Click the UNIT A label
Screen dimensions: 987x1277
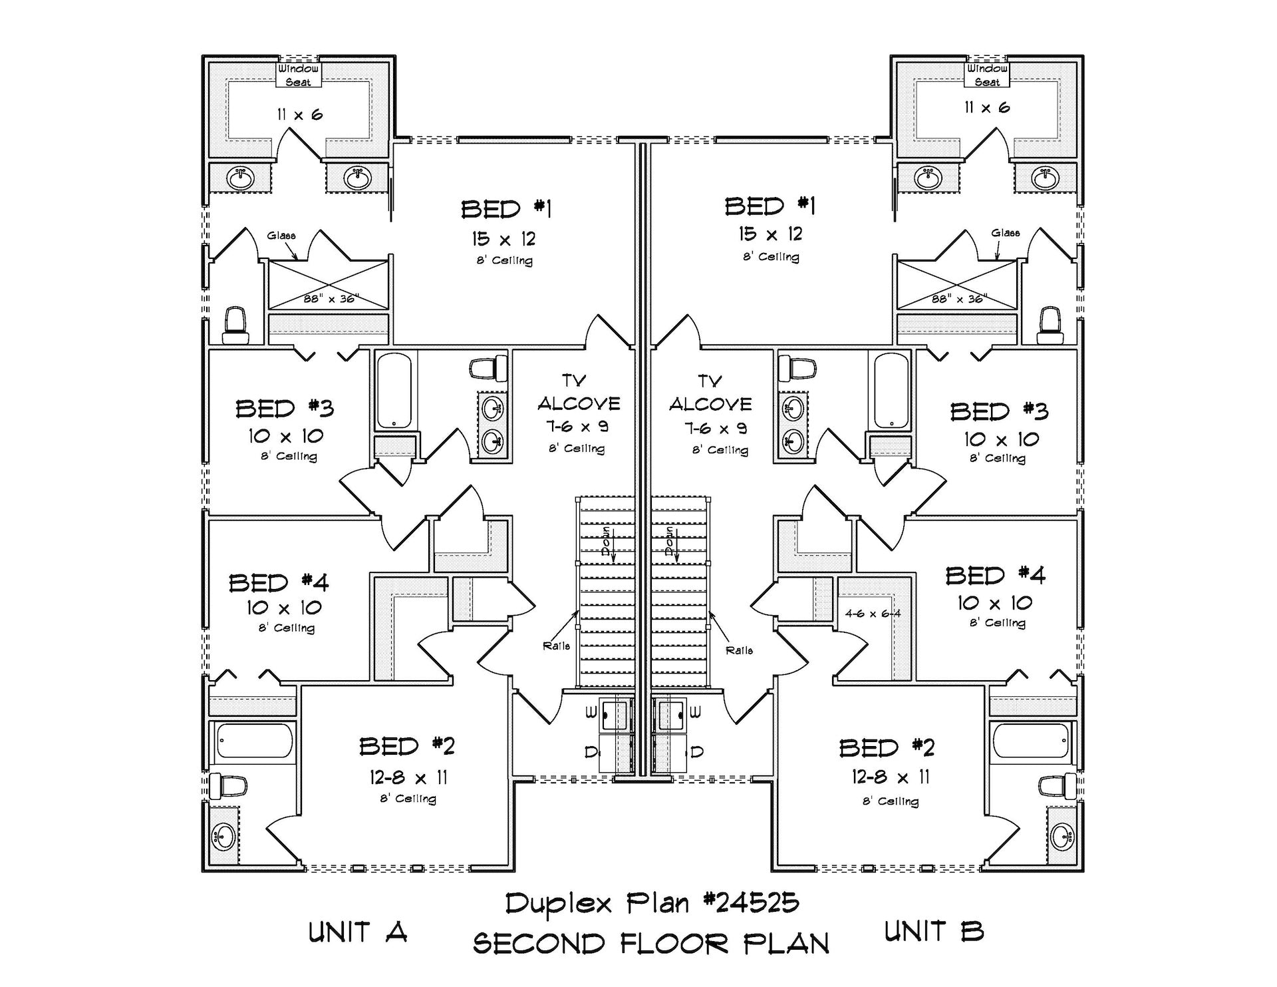pos(357,932)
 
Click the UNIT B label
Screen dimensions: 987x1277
pos(934,930)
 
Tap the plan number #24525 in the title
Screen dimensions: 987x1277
pos(751,903)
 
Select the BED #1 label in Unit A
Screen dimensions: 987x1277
pos(506,210)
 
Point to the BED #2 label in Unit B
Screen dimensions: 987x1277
pos(887,748)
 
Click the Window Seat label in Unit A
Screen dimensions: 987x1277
pos(298,75)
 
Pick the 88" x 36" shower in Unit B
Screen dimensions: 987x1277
pos(957,286)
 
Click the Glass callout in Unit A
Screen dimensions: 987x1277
pos(281,236)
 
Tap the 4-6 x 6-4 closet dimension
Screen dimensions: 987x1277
pos(873,614)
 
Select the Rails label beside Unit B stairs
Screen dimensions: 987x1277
pos(739,650)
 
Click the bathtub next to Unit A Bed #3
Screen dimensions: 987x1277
pos(394,391)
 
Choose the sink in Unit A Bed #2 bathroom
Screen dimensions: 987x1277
pos(224,836)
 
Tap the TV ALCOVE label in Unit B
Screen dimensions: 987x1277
pos(710,393)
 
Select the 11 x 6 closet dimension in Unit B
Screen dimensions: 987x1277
pos(987,107)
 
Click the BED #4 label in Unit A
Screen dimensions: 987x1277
pos(279,583)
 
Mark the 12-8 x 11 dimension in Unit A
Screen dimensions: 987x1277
pos(408,777)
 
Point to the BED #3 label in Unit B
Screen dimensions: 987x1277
pos(999,412)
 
